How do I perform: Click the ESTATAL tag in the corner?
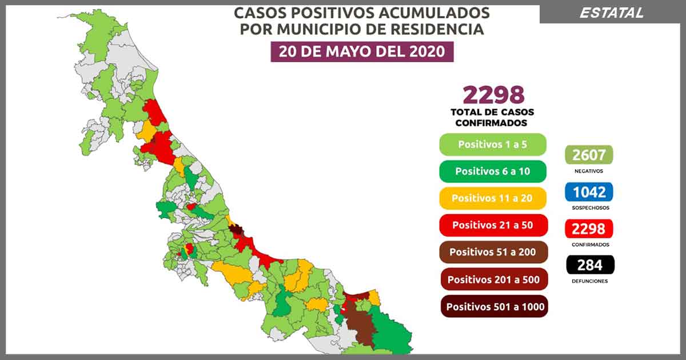tap(612, 13)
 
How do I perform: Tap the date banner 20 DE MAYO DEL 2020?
tap(361, 51)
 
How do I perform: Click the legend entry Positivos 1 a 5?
tap(492, 145)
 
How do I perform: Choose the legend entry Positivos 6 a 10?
tap(492, 171)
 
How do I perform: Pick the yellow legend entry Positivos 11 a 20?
tap(492, 198)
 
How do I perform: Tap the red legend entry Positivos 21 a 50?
tap(492, 225)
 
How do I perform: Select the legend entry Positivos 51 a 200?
tap(492, 252)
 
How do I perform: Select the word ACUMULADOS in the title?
tap(437, 13)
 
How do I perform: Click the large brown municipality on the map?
tap(360, 326)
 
